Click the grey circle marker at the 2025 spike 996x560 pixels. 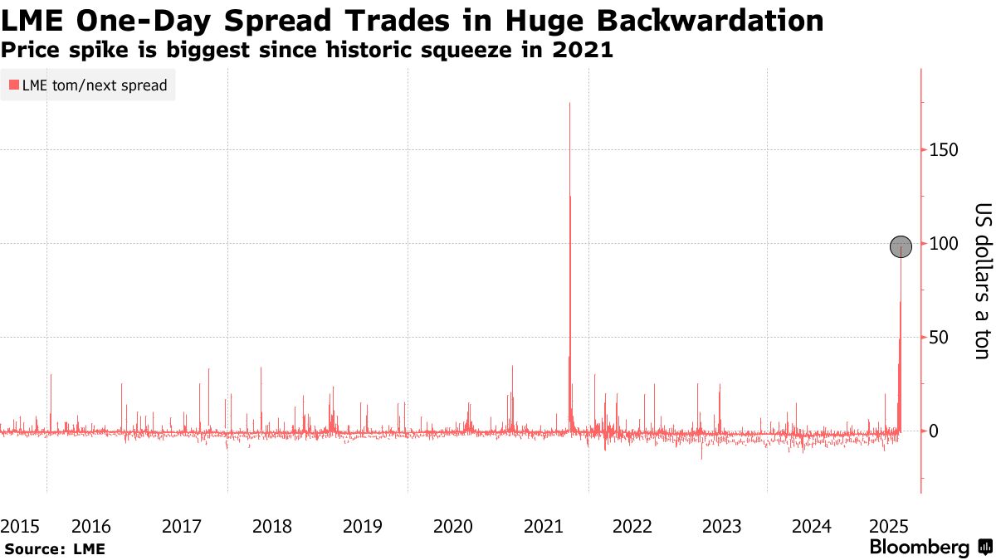point(901,246)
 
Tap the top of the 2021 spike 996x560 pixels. point(569,104)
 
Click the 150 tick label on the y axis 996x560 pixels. point(944,149)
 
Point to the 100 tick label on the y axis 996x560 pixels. point(944,243)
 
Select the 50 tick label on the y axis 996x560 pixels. point(940,337)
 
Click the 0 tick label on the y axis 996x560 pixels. point(934,431)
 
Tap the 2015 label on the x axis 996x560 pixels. point(20,526)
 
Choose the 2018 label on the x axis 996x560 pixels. point(271,526)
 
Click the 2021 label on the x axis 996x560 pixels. point(544,526)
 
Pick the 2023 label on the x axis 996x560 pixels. point(721,526)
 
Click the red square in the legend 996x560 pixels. point(13,85)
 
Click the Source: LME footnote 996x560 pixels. point(55,548)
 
